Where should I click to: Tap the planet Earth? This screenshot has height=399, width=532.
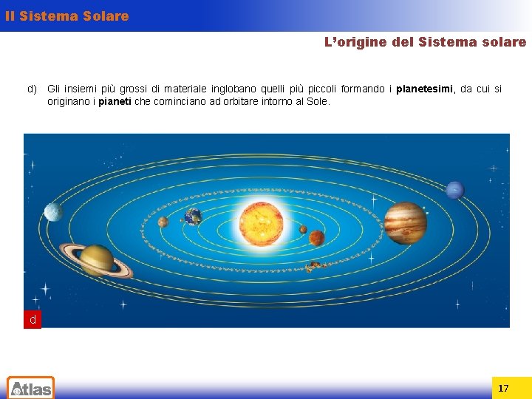coord(193,216)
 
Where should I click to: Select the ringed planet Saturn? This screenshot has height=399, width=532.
coord(96,259)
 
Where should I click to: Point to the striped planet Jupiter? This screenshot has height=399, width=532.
coord(405,222)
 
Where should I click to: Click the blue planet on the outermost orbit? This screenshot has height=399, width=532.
coord(455,190)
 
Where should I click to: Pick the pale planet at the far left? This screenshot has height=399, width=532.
coord(53,213)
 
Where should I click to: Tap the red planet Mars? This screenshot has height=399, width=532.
coord(317,238)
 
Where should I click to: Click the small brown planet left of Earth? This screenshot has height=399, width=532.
coord(163,222)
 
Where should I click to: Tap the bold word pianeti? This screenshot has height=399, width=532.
coord(115,101)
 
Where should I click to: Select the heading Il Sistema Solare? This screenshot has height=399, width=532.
coord(66,16)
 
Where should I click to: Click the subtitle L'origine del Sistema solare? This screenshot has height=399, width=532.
coord(426,42)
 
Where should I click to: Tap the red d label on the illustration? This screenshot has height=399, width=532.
coord(33,320)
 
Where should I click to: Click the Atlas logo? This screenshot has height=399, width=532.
coord(30,387)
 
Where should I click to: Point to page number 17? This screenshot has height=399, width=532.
coord(503,388)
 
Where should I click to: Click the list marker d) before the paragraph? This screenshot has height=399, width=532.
coord(33,89)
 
